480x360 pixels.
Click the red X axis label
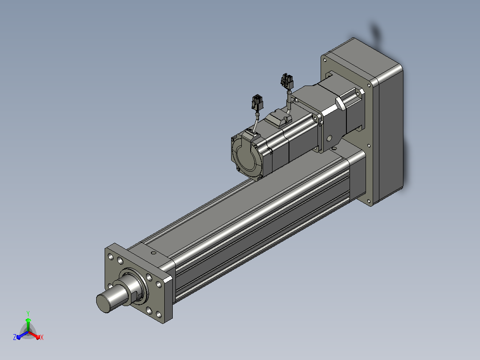(42, 337)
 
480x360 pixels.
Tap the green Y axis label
(28, 313)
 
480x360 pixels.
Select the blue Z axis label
(14, 337)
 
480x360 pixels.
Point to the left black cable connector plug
(257, 102)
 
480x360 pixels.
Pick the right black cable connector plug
(287, 82)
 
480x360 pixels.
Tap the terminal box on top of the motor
(278, 119)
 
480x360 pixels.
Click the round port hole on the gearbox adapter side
(329, 139)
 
